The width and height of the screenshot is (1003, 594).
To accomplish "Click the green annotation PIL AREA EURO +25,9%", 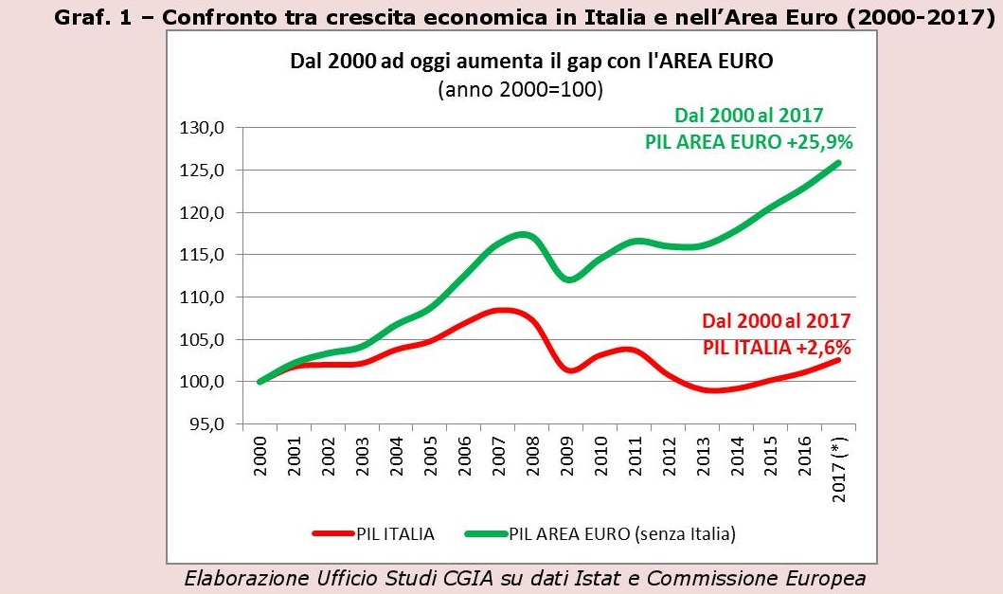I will (748, 142).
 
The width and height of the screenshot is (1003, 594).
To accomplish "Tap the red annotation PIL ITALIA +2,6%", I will (777, 348).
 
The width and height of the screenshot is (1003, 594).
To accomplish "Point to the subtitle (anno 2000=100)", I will (521, 91).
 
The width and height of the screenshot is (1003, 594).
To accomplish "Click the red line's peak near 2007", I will (505, 310).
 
